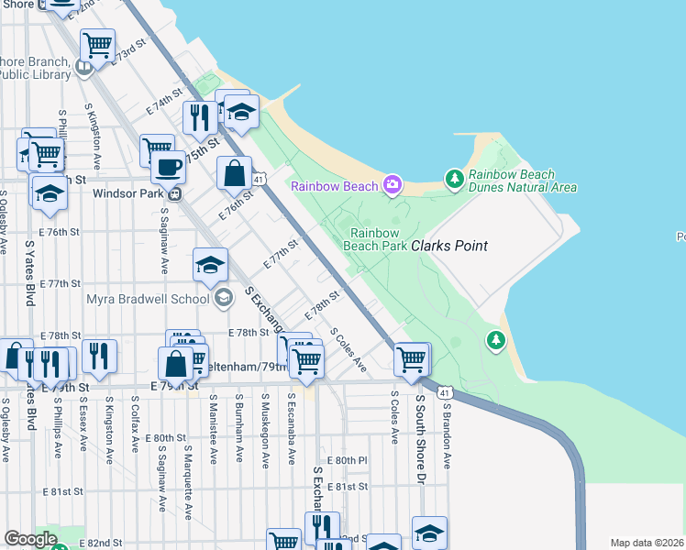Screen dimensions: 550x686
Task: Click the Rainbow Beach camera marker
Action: click(x=393, y=185)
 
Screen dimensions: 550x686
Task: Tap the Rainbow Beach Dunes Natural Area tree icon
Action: click(x=453, y=179)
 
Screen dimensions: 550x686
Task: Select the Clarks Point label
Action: click(x=448, y=246)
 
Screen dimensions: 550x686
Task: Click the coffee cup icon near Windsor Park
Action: click(x=168, y=168)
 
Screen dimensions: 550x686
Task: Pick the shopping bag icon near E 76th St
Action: click(x=235, y=172)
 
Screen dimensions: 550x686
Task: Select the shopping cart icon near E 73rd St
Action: click(x=97, y=44)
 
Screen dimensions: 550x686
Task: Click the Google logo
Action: click(x=30, y=539)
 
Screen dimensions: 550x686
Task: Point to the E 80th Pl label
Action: click(x=347, y=459)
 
